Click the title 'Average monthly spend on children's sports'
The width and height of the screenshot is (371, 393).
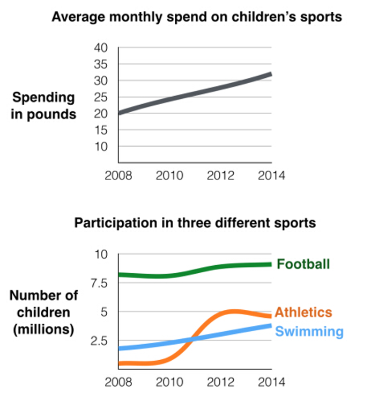[197, 18]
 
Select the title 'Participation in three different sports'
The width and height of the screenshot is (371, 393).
[195, 223]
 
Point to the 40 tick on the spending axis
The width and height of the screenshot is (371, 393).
[101, 48]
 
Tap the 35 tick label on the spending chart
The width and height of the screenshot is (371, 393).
[101, 64]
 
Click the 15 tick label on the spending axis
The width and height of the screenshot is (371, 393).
[101, 130]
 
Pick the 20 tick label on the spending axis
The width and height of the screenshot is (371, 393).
[101, 114]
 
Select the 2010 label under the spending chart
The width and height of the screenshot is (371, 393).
[169, 176]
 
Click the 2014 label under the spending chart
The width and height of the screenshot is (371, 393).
[272, 176]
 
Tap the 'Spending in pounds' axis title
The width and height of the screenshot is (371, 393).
[43, 106]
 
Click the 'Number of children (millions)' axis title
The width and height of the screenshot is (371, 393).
[43, 312]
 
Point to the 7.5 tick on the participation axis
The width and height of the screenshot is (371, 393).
[99, 283]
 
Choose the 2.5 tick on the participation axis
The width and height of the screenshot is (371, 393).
[99, 341]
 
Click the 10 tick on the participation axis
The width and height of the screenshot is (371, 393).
[101, 254]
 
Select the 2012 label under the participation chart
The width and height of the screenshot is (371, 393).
[220, 382]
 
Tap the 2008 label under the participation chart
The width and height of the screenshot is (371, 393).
[118, 382]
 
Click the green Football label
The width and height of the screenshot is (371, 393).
[303, 264]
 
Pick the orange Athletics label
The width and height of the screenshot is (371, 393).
[303, 312]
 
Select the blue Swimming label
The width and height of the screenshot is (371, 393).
[309, 332]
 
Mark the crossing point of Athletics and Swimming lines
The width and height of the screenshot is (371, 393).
[192, 339]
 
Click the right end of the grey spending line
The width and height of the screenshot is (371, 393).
[271, 74]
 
